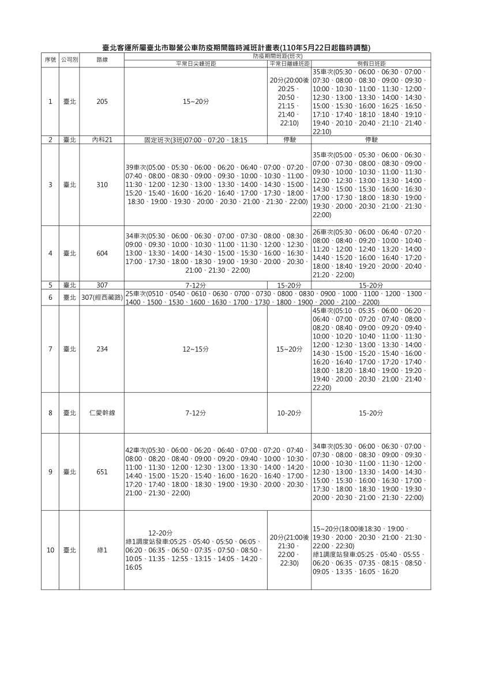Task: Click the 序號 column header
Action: point(50,59)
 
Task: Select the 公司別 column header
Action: point(70,59)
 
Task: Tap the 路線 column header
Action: point(102,59)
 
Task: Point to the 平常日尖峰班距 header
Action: point(196,63)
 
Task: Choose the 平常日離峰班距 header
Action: point(289,63)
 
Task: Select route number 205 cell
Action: point(102,101)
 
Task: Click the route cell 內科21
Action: point(102,140)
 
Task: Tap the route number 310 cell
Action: point(102,184)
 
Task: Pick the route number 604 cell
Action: point(102,253)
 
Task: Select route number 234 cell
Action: point(102,349)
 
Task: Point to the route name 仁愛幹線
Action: point(102,413)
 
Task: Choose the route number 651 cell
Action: point(102,472)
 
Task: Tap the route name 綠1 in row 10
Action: point(102,550)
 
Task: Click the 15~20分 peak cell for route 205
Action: point(196,101)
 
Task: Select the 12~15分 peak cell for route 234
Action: point(196,349)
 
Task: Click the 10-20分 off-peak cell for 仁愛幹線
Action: point(289,413)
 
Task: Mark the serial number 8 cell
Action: point(50,413)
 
